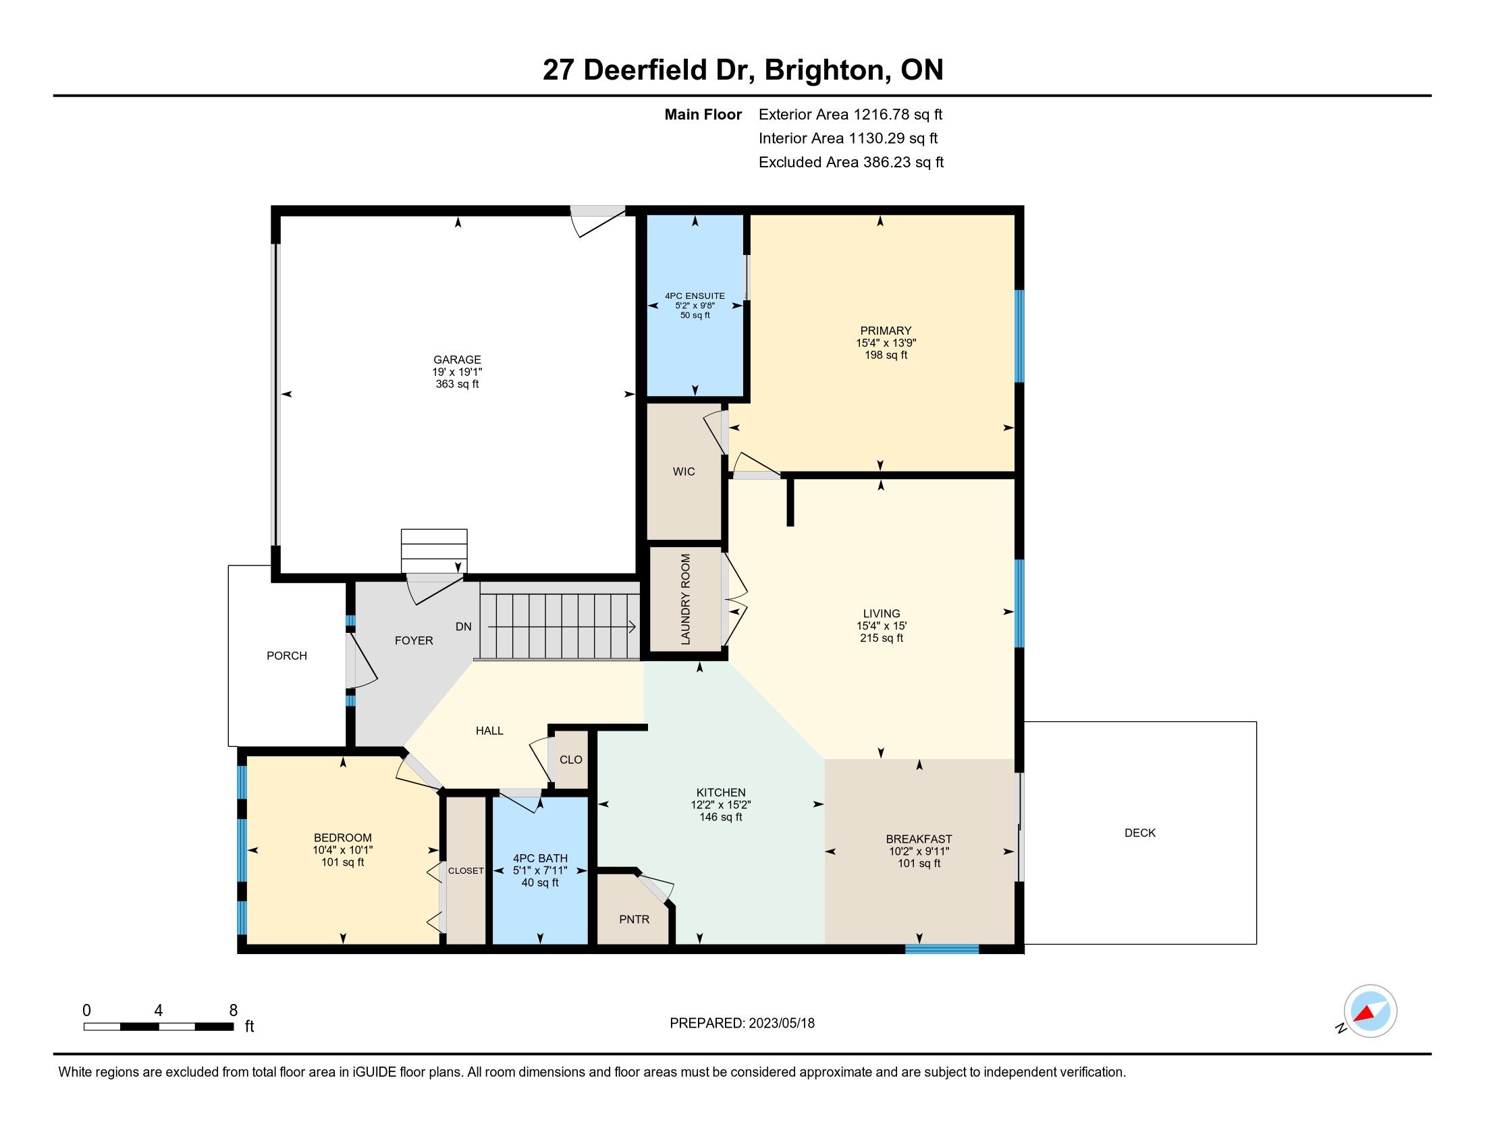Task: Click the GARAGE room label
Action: (x=457, y=360)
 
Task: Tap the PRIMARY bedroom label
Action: (x=886, y=331)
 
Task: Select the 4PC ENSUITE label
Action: (x=695, y=296)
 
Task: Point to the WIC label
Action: (x=684, y=472)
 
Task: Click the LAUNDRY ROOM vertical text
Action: (x=685, y=599)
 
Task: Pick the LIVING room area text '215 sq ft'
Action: (x=881, y=638)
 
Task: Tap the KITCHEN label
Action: (x=721, y=792)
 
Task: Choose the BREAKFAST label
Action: (x=919, y=839)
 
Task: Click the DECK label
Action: (x=1140, y=833)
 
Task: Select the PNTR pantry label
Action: (x=634, y=920)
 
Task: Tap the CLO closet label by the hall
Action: (x=571, y=760)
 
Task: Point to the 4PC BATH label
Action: (x=540, y=858)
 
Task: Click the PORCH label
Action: (x=287, y=656)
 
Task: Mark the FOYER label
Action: (x=414, y=641)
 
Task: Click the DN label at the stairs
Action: (x=464, y=627)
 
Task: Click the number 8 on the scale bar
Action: (x=234, y=1010)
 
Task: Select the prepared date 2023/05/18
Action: (x=781, y=1023)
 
